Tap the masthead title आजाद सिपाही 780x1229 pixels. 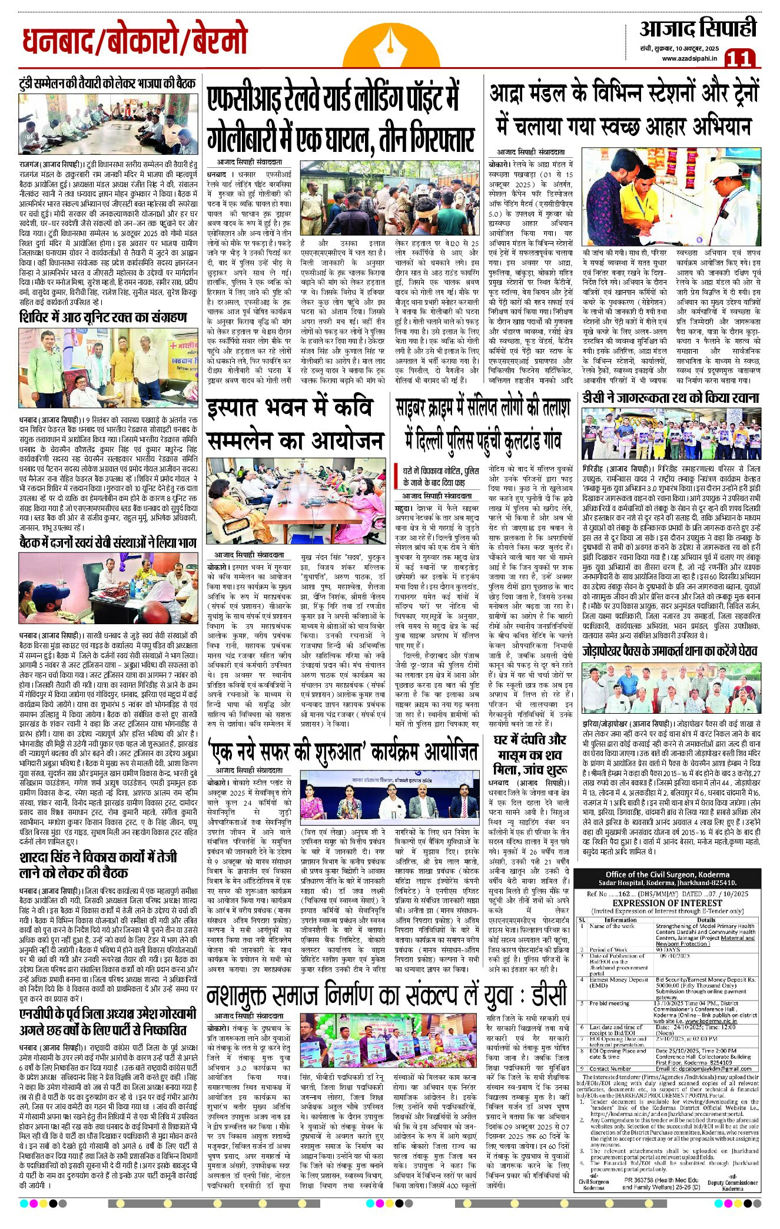698,28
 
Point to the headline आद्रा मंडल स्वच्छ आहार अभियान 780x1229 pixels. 624,110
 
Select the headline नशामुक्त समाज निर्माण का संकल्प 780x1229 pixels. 386,996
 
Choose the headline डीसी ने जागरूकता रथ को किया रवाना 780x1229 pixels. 671,398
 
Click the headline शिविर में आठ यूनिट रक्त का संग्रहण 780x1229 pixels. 103,317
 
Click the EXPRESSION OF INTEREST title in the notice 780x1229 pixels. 666,903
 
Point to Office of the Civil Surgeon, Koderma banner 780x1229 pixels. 667,879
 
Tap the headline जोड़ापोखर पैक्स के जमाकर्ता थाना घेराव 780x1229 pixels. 670,651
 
